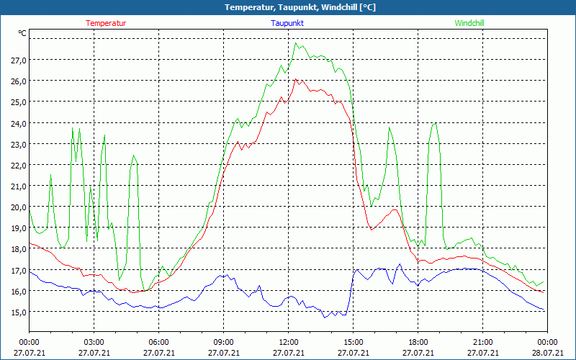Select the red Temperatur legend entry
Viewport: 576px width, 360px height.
point(106,23)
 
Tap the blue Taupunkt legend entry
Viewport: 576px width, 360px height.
point(287,23)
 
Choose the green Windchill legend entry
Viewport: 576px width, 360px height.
point(469,23)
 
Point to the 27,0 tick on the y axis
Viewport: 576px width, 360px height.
point(19,60)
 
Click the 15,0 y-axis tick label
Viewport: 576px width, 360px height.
point(19,312)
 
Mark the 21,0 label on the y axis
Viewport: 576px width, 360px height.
point(19,186)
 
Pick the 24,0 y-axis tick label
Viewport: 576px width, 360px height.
point(19,123)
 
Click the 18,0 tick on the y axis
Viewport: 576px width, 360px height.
point(19,249)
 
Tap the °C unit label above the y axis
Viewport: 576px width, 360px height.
point(22,33)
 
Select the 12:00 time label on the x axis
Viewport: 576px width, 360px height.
point(288,342)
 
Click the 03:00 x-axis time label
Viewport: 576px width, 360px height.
point(94,342)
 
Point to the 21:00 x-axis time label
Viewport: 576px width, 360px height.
point(482,342)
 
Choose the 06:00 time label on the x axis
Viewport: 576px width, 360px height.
point(158,342)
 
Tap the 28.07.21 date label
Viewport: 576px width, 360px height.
point(547,353)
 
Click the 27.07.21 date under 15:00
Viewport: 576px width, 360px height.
point(353,353)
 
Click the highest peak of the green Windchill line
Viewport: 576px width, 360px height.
point(294,43)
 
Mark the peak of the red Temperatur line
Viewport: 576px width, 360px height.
point(294,79)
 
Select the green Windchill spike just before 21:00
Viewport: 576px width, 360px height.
point(434,123)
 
